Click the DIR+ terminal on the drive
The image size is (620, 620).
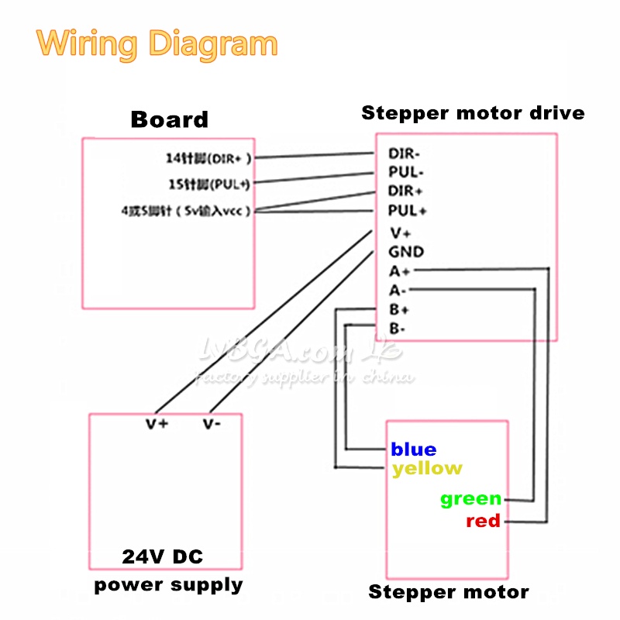point(406,191)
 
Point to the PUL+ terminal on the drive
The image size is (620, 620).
point(408,211)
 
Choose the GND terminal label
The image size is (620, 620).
point(406,252)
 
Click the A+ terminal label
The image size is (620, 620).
point(400,271)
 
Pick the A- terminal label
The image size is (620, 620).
point(398,291)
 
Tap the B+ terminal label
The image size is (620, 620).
point(399,310)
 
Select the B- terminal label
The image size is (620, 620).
point(398,329)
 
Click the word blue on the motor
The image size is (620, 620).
point(414,449)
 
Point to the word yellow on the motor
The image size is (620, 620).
point(427,468)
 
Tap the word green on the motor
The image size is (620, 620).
point(470,499)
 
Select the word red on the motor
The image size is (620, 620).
point(483,521)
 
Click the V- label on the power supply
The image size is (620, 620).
point(212,424)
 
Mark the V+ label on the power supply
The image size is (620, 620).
point(157,424)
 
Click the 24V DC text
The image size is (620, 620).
point(163,556)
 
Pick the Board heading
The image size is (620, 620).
point(169,119)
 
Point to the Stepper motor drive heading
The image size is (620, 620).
point(473,113)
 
